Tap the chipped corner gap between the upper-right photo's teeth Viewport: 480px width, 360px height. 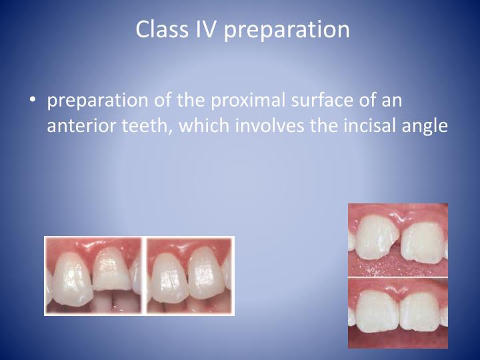pos(399,248)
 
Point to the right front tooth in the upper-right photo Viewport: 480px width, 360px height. pos(425,242)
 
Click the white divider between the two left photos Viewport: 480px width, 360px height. pos(144,275)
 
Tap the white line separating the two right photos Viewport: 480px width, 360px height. pos(398,277)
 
